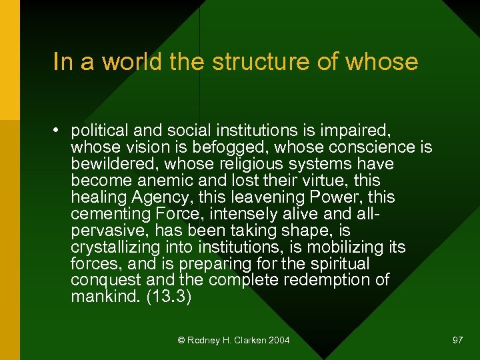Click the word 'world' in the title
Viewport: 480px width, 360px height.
tap(123, 62)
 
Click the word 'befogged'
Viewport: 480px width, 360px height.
tap(229, 147)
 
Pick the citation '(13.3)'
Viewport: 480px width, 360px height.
tap(169, 297)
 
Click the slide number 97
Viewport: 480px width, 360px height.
tap(457, 340)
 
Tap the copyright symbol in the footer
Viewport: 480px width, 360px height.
tap(181, 341)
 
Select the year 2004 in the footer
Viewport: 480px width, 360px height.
tap(279, 341)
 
